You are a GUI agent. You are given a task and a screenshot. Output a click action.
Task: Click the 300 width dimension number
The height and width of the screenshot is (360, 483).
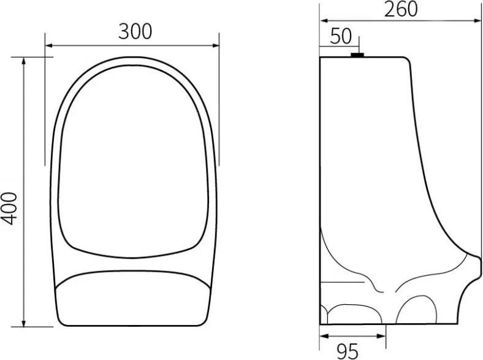135,31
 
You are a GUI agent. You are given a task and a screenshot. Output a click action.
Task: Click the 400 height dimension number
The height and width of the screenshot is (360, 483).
9,209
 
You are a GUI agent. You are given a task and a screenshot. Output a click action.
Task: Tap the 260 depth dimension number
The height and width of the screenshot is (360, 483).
401,9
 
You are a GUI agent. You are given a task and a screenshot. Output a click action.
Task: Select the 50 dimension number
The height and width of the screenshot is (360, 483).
341,36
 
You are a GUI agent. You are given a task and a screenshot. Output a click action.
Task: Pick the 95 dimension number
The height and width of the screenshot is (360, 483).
348,351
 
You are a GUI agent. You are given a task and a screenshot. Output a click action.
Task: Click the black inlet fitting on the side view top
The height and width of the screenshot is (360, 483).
357,55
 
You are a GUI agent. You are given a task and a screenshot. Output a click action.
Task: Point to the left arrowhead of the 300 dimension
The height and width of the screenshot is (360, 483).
48,45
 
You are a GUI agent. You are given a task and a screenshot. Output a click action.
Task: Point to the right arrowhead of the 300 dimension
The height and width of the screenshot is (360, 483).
216,45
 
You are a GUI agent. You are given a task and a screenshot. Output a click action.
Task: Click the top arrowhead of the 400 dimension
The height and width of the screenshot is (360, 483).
24,61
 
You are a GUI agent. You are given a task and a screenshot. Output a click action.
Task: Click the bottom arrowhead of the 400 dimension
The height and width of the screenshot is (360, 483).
24,323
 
